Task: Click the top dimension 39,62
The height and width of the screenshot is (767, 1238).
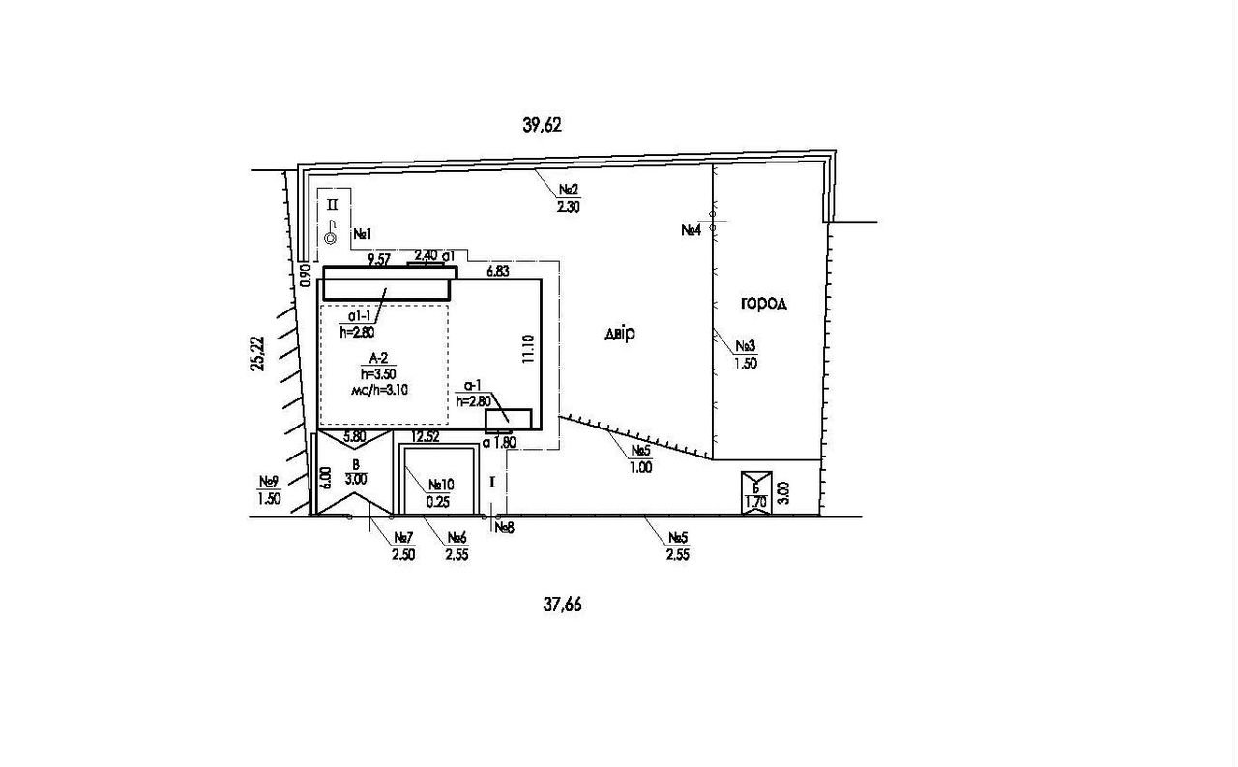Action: click(x=542, y=125)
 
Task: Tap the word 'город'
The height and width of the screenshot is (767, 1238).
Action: click(x=764, y=303)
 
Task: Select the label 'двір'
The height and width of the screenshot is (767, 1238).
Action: click(x=619, y=334)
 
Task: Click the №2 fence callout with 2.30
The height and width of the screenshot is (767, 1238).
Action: click(x=569, y=196)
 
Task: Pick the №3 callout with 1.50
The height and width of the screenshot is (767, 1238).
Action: click(x=745, y=355)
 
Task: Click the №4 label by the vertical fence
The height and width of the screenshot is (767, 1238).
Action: click(x=691, y=230)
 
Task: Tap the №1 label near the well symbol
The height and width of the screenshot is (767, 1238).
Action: click(x=363, y=233)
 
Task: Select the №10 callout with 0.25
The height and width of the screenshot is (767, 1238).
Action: click(x=440, y=493)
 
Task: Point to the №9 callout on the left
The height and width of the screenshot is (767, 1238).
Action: click(x=269, y=490)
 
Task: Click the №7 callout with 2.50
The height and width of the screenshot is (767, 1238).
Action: click(x=403, y=546)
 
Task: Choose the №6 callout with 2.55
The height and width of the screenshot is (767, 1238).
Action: click(x=457, y=546)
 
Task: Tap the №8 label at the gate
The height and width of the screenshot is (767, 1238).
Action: click(x=504, y=528)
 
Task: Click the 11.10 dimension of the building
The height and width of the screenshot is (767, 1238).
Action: click(x=527, y=349)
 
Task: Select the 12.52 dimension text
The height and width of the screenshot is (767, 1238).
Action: click(x=426, y=437)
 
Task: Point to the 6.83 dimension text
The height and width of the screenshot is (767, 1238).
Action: click(x=498, y=272)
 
